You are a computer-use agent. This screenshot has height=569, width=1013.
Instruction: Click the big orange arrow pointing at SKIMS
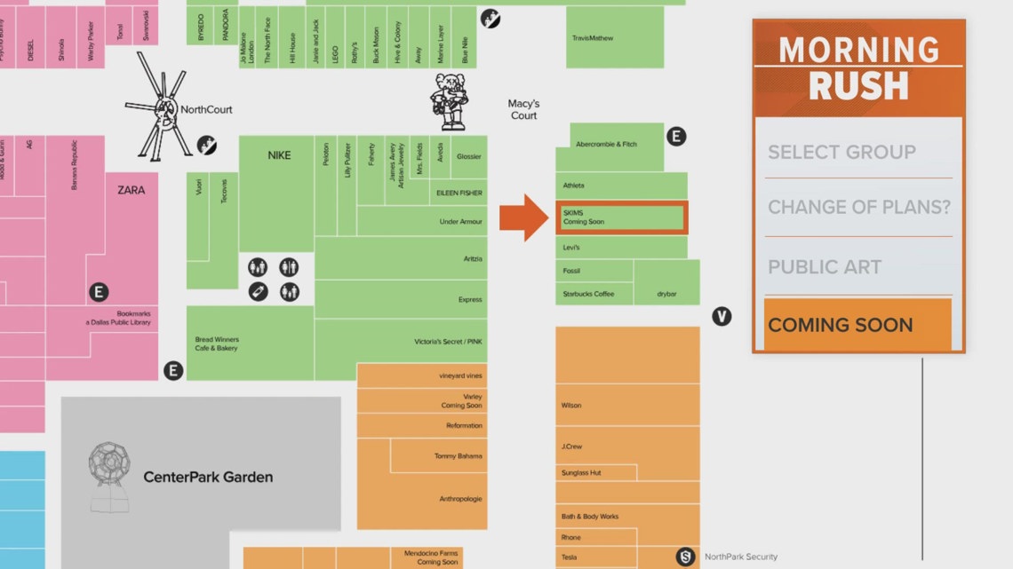tap(524, 217)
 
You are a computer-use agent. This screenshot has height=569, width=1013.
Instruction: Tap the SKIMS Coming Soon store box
tap(621, 217)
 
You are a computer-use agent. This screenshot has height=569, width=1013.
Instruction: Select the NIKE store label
tap(279, 156)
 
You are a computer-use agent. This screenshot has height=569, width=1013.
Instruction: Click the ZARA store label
tap(131, 190)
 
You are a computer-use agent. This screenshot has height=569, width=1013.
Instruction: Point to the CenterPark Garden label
tap(208, 478)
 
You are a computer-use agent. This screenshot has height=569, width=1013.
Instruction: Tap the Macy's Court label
tap(523, 110)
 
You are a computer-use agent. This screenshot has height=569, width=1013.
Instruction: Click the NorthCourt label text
tap(206, 110)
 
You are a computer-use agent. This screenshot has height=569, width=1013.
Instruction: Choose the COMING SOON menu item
tap(840, 325)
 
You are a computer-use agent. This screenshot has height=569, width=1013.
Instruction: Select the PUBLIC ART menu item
tap(825, 267)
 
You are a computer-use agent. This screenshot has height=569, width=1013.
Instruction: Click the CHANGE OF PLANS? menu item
tap(858, 208)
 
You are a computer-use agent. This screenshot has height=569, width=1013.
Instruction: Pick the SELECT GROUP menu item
tap(842, 152)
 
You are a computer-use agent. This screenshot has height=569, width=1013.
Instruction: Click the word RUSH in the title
tap(858, 86)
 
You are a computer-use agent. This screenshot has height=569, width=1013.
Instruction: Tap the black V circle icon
tap(722, 316)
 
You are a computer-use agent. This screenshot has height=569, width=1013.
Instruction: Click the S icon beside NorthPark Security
tap(685, 557)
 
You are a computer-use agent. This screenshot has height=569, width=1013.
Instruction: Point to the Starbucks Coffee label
tap(588, 294)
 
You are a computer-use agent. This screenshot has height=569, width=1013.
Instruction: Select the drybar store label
tap(667, 294)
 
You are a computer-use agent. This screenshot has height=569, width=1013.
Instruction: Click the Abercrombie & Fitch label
tap(606, 144)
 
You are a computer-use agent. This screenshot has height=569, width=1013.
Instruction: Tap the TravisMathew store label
tap(594, 38)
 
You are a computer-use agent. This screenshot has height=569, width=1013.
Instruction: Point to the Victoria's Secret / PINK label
tap(448, 342)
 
